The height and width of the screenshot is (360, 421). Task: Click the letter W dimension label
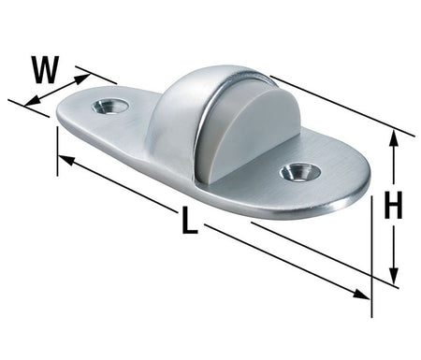pos(46,70)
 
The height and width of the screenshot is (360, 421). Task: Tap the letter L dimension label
pos(189,221)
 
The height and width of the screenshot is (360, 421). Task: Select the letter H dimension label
pos(394,205)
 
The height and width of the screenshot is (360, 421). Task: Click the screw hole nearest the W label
pos(110,107)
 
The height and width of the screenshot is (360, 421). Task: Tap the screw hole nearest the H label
pos(300,173)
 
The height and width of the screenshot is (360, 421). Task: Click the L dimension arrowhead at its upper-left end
pos(66,160)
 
